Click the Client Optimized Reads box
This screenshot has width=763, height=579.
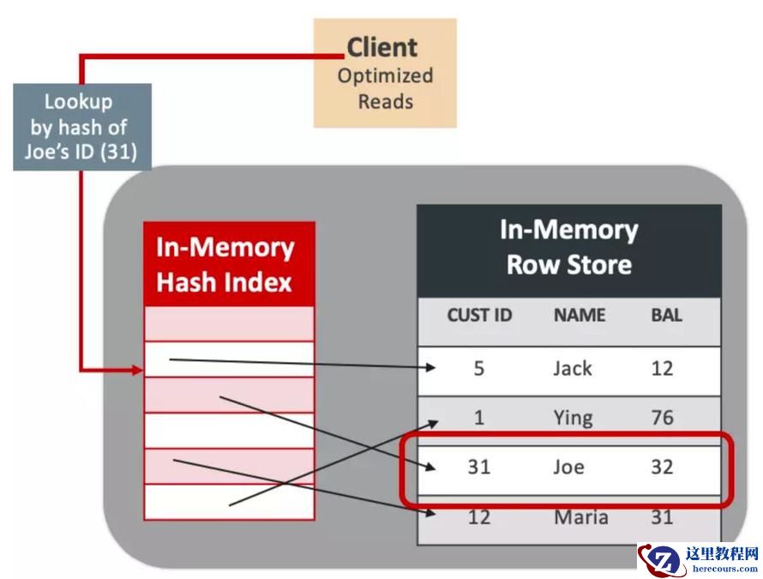(385, 73)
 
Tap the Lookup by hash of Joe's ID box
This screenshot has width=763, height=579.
(82, 127)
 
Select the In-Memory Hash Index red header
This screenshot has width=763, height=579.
(229, 264)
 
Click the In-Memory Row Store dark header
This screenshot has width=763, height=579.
(568, 249)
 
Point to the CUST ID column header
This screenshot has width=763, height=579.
(479, 315)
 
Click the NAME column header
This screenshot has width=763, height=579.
(580, 315)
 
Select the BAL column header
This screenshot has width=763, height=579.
(666, 315)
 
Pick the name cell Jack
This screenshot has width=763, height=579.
(572, 368)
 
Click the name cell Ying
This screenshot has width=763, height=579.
(573, 418)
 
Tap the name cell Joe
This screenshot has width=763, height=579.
(568, 467)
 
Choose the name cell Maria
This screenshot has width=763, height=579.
(580, 517)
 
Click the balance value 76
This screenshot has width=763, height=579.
(662, 418)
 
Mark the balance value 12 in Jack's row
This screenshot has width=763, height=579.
(662, 368)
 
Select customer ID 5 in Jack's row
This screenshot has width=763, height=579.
(478, 368)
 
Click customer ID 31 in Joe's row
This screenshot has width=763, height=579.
(478, 467)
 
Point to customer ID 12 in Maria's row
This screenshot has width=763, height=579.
(478, 517)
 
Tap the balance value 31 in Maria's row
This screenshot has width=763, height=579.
(662, 517)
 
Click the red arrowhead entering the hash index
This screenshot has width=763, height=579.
(137, 371)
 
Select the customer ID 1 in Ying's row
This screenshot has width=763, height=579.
(478, 418)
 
